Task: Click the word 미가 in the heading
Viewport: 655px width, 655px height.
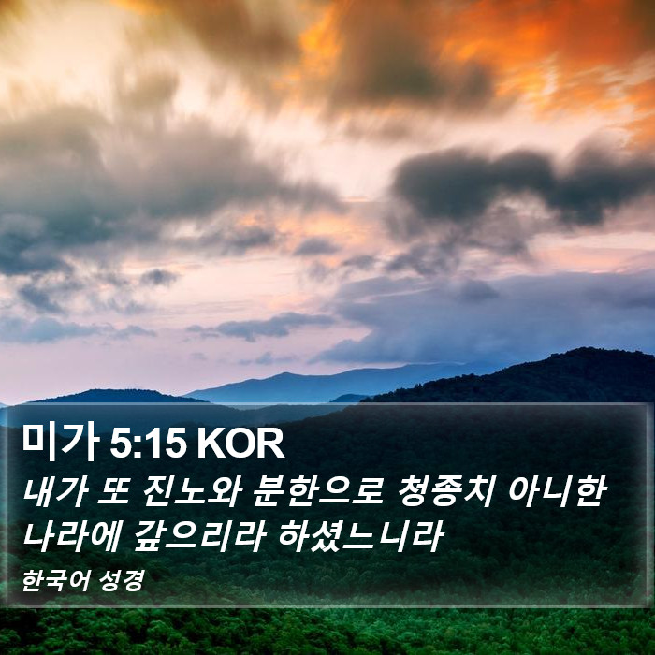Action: pyautogui.click(x=61, y=443)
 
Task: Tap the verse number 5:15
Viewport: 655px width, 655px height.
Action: pyautogui.click(x=148, y=444)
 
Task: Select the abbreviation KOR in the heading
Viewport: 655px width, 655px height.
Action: pyautogui.click(x=240, y=444)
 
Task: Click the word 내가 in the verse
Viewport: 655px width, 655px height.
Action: pyautogui.click(x=55, y=492)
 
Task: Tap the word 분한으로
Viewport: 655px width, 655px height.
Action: pyautogui.click(x=317, y=492)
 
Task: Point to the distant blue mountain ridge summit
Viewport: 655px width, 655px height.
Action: pyautogui.click(x=284, y=374)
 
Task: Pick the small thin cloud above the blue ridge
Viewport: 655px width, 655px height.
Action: pyautogui.click(x=263, y=326)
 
